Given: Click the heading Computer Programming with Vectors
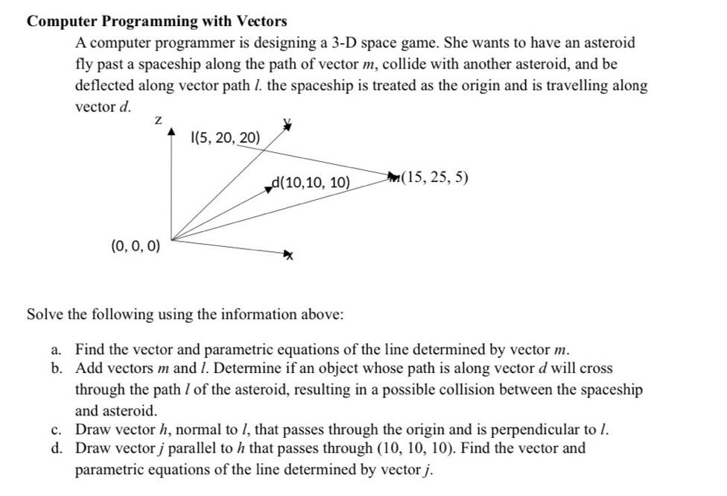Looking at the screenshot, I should click(x=156, y=21).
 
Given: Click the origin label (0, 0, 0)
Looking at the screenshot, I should click(x=134, y=245).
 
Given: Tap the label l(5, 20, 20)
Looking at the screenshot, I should click(x=226, y=137).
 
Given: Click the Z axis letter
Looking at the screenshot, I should click(x=158, y=119).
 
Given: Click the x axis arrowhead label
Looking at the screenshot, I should click(x=287, y=256).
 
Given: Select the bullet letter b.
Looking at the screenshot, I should click(x=57, y=368).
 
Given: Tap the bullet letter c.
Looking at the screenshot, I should click(x=57, y=429).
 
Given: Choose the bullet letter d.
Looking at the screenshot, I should click(x=57, y=448).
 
